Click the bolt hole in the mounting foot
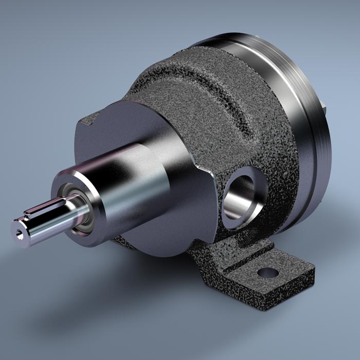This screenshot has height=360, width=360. pyautogui.click(x=267, y=272)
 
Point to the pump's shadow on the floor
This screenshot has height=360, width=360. pyautogui.click(x=129, y=298)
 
